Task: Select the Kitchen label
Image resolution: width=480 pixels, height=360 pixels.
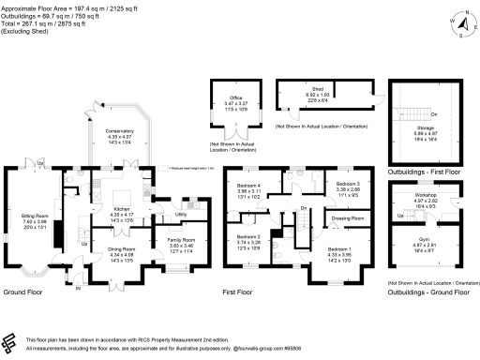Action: [122, 209]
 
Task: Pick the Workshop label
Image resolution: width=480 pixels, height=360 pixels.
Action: [427, 195]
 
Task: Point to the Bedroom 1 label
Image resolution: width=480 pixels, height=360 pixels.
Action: [340, 249]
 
